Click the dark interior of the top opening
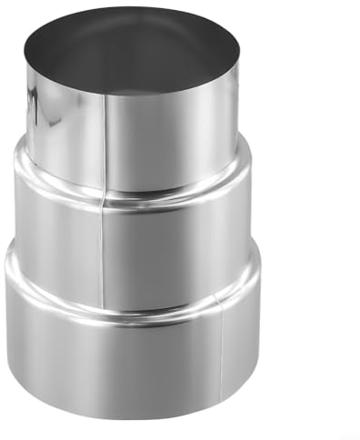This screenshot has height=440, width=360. [132, 50]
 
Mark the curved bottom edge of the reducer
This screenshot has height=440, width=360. [132, 415]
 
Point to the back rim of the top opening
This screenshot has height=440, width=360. [132, 9]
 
